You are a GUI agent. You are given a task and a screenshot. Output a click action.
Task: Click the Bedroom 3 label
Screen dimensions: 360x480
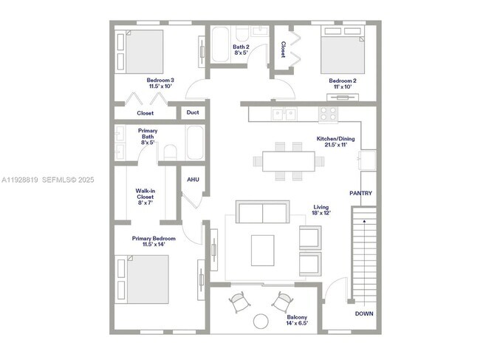160,80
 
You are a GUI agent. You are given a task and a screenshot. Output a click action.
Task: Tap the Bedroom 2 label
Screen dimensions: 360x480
343,80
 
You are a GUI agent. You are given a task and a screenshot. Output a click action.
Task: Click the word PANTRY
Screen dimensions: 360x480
360,194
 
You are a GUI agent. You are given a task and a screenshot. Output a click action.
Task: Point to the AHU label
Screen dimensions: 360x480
193,180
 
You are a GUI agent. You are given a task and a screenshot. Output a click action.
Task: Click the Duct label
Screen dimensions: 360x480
193,113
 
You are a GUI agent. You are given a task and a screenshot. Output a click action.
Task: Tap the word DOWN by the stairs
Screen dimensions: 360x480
363,313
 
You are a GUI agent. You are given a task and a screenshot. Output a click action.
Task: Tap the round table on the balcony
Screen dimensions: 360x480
261,321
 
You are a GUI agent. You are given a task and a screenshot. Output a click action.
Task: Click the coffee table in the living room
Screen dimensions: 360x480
262,250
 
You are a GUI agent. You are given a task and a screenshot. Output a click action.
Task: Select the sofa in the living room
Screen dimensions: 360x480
261,214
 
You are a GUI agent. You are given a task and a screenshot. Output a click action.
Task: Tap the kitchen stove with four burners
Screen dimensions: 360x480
328,114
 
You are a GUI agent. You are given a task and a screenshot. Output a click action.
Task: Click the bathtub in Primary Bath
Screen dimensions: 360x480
196,143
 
